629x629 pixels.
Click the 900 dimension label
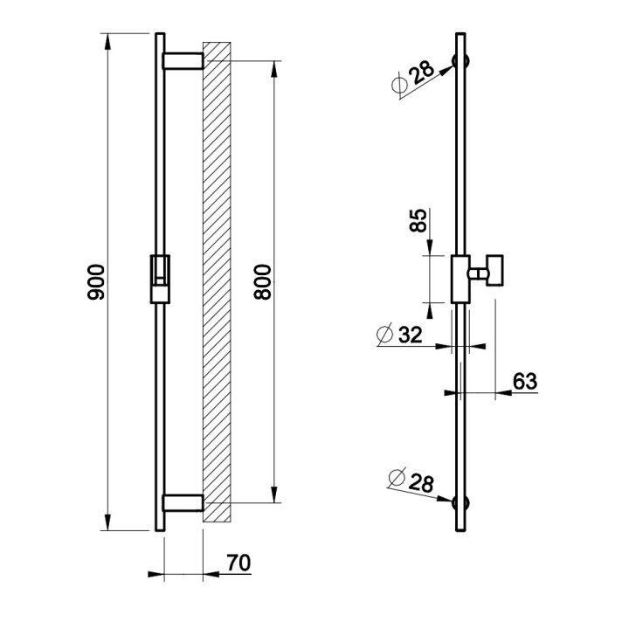(96, 281)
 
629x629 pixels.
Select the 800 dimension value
(263, 281)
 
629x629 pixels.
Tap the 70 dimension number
(238, 563)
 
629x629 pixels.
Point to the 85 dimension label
(418, 220)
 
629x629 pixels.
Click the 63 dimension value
(525, 381)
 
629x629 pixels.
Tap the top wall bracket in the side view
(183, 60)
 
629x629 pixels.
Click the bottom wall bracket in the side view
(183, 503)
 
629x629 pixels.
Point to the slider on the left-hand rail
(160, 279)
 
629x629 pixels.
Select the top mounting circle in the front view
(460, 61)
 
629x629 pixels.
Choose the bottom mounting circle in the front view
(460, 503)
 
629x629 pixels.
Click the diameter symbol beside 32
(385, 334)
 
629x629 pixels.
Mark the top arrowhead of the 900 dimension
(107, 41)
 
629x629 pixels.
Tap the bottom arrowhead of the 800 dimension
(274, 494)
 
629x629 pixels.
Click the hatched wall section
(217, 281)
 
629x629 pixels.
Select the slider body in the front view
(460, 279)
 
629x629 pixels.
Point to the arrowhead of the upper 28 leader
(446, 71)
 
